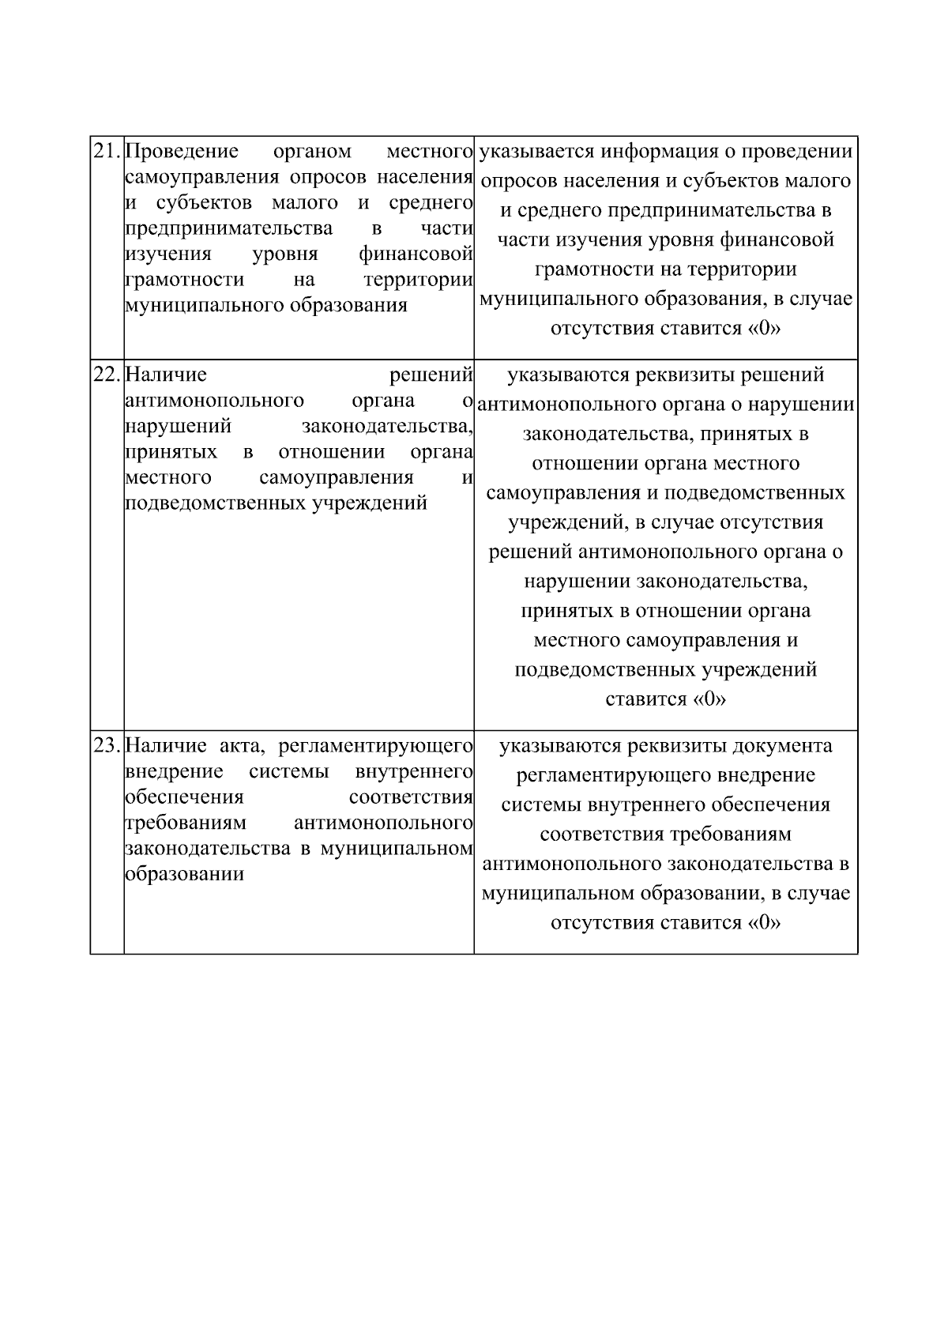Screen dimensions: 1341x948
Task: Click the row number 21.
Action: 107,151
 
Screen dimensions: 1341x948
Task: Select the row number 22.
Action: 107,375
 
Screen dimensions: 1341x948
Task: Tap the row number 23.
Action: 107,745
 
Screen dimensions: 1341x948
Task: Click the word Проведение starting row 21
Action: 182,151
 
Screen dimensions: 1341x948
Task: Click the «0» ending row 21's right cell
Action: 763,329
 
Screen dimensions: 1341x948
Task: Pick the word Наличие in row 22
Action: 166,375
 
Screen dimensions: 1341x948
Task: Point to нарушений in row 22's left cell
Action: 179,427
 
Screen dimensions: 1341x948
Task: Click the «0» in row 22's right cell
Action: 709,699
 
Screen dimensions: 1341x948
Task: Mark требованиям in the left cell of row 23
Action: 186,823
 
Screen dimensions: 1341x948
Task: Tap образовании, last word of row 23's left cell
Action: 184,874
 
